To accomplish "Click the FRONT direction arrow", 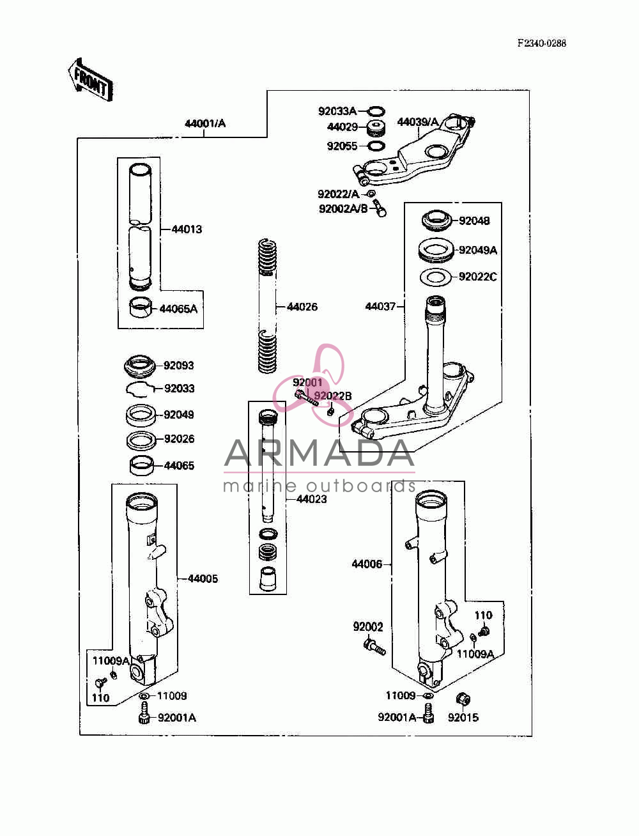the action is (x=90, y=80).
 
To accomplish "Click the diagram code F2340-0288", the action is (x=541, y=43).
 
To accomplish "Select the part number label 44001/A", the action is (x=205, y=123).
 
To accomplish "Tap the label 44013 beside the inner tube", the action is (x=187, y=229).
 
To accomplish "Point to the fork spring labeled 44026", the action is (x=267, y=306).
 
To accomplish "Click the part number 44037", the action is (x=380, y=306).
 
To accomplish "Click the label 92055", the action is (x=342, y=146).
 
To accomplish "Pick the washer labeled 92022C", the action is (x=435, y=277).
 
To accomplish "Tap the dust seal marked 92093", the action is (x=140, y=366).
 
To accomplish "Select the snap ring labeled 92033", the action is (x=140, y=389).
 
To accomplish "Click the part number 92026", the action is (x=179, y=438).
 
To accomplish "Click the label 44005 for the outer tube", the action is (x=203, y=578).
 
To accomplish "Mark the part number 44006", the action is (x=367, y=564).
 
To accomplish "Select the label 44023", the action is (x=311, y=499).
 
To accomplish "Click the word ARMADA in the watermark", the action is (x=319, y=453).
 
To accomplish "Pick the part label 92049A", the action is (x=478, y=251).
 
